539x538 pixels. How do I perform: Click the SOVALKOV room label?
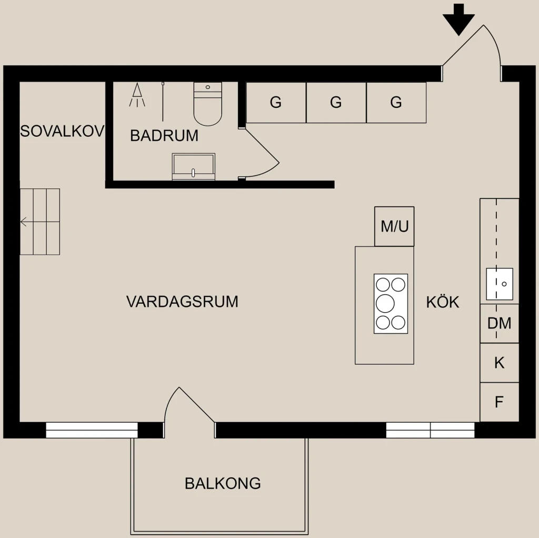[62, 131]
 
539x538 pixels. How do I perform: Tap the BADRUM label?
[164, 135]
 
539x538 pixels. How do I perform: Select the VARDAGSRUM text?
[182, 302]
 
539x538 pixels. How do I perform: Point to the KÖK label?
[443, 302]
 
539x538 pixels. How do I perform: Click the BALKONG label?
[223, 483]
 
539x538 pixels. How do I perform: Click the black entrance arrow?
[458, 19]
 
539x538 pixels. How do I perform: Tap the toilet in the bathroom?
[207, 104]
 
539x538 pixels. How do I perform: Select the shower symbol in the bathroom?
[137, 95]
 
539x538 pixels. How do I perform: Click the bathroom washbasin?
[194, 167]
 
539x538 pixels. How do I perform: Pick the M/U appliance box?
[394, 226]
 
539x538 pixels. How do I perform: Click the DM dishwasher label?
[499, 323]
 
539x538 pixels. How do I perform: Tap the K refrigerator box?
[499, 363]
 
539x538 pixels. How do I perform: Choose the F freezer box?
[499, 402]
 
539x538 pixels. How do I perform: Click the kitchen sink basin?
[500, 284]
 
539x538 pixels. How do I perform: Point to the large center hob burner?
[385, 304]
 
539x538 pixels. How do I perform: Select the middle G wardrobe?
[336, 103]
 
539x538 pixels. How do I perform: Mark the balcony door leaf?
[197, 404]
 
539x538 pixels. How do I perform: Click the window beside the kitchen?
[430, 430]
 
